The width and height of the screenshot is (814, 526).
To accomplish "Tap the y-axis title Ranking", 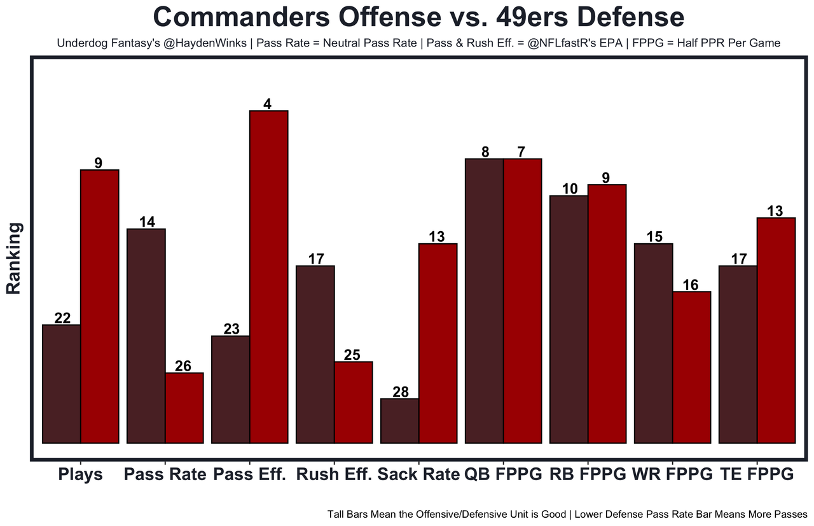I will tap(14, 258).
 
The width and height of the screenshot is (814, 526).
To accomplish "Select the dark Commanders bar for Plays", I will tap(62, 383).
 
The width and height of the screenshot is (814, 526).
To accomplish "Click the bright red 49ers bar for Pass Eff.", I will tap(269, 276).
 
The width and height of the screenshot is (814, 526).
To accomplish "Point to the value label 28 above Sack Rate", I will tap(400, 392).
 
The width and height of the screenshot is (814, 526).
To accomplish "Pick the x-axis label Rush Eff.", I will tap(335, 474).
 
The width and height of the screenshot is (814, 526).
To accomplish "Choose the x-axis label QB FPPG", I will tap(504, 474).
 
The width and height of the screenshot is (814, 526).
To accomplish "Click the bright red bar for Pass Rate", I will tap(184, 408).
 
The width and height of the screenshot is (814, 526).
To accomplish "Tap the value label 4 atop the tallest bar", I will tap(268, 104).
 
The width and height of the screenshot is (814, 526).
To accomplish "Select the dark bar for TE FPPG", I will tap(738, 354).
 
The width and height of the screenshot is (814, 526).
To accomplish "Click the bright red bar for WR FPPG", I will tap(691, 367).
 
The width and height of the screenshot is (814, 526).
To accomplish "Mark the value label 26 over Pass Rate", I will tap(184, 366).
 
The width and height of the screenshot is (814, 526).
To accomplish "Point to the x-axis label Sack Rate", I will tap(418, 474).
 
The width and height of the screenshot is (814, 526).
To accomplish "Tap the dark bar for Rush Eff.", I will tap(315, 354).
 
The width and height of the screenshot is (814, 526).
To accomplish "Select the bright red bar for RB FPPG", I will tap(607, 313).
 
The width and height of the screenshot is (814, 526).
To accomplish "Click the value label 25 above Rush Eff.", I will tap(354, 355).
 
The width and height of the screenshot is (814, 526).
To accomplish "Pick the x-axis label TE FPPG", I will tap(757, 474).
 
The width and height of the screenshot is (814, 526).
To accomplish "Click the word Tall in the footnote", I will tap(337, 514).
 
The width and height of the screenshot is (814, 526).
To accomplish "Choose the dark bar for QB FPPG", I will tap(485, 301).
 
